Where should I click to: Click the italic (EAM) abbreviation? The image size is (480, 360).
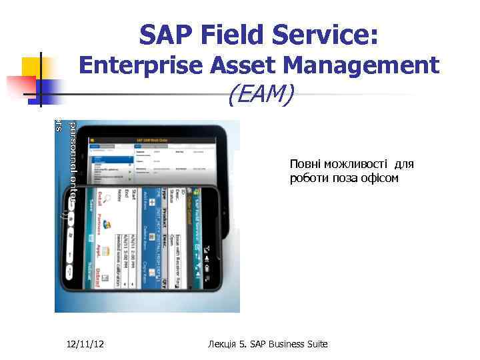[259, 96]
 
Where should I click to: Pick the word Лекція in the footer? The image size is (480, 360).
[221, 344]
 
